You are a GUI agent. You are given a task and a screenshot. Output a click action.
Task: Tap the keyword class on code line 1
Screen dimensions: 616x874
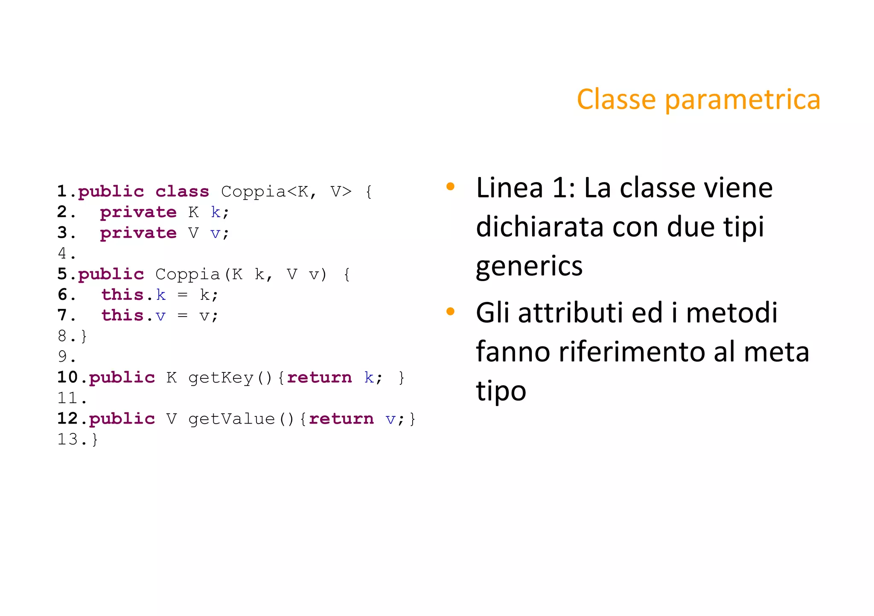click(182, 192)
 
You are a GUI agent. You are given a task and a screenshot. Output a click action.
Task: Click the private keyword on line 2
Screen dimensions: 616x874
click(138, 212)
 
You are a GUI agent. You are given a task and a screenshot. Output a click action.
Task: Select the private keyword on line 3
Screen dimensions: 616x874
click(138, 233)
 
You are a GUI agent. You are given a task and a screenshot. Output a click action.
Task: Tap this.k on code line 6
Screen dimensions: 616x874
click(133, 295)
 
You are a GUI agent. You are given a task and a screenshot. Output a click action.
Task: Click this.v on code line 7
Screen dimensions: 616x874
click(133, 316)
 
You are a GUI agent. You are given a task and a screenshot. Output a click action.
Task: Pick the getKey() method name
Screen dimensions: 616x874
click(230, 378)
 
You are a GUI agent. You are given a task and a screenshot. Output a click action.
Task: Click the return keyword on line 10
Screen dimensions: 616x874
click(319, 378)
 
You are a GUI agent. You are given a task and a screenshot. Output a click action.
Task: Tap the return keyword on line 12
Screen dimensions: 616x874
click(341, 419)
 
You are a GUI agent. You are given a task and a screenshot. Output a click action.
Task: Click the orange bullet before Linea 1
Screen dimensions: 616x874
click(450, 186)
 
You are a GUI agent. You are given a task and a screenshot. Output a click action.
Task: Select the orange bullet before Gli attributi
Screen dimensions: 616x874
click(450, 311)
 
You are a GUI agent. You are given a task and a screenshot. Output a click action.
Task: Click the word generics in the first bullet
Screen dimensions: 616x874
click(529, 267)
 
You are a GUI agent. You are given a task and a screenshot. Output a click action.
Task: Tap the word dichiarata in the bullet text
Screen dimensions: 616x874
click(539, 227)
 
